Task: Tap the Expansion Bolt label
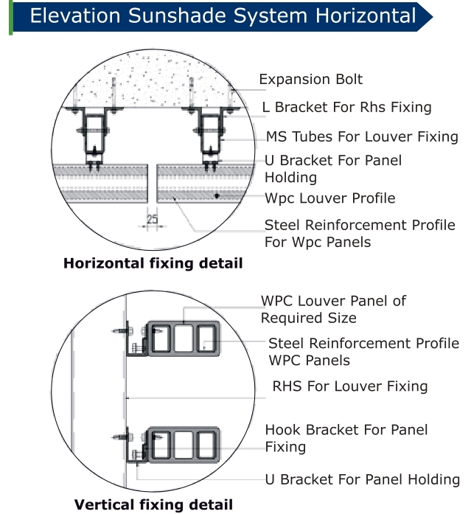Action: pyautogui.click(x=310, y=80)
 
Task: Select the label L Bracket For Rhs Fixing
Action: pyautogui.click(x=346, y=108)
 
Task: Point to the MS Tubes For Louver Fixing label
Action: pyautogui.click(x=362, y=136)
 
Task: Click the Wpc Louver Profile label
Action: pyautogui.click(x=330, y=198)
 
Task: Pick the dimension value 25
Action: pyautogui.click(x=152, y=219)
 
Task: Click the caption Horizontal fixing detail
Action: pyautogui.click(x=153, y=263)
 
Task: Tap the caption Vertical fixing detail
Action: pyautogui.click(x=153, y=505)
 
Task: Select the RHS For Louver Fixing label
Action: pyautogui.click(x=349, y=386)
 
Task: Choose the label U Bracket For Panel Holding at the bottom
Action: pyautogui.click(x=362, y=479)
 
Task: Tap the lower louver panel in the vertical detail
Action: pyautogui.click(x=184, y=445)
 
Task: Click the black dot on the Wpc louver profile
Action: pyautogui.click(x=217, y=196)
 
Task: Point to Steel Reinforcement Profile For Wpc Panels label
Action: pyautogui.click(x=360, y=233)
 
